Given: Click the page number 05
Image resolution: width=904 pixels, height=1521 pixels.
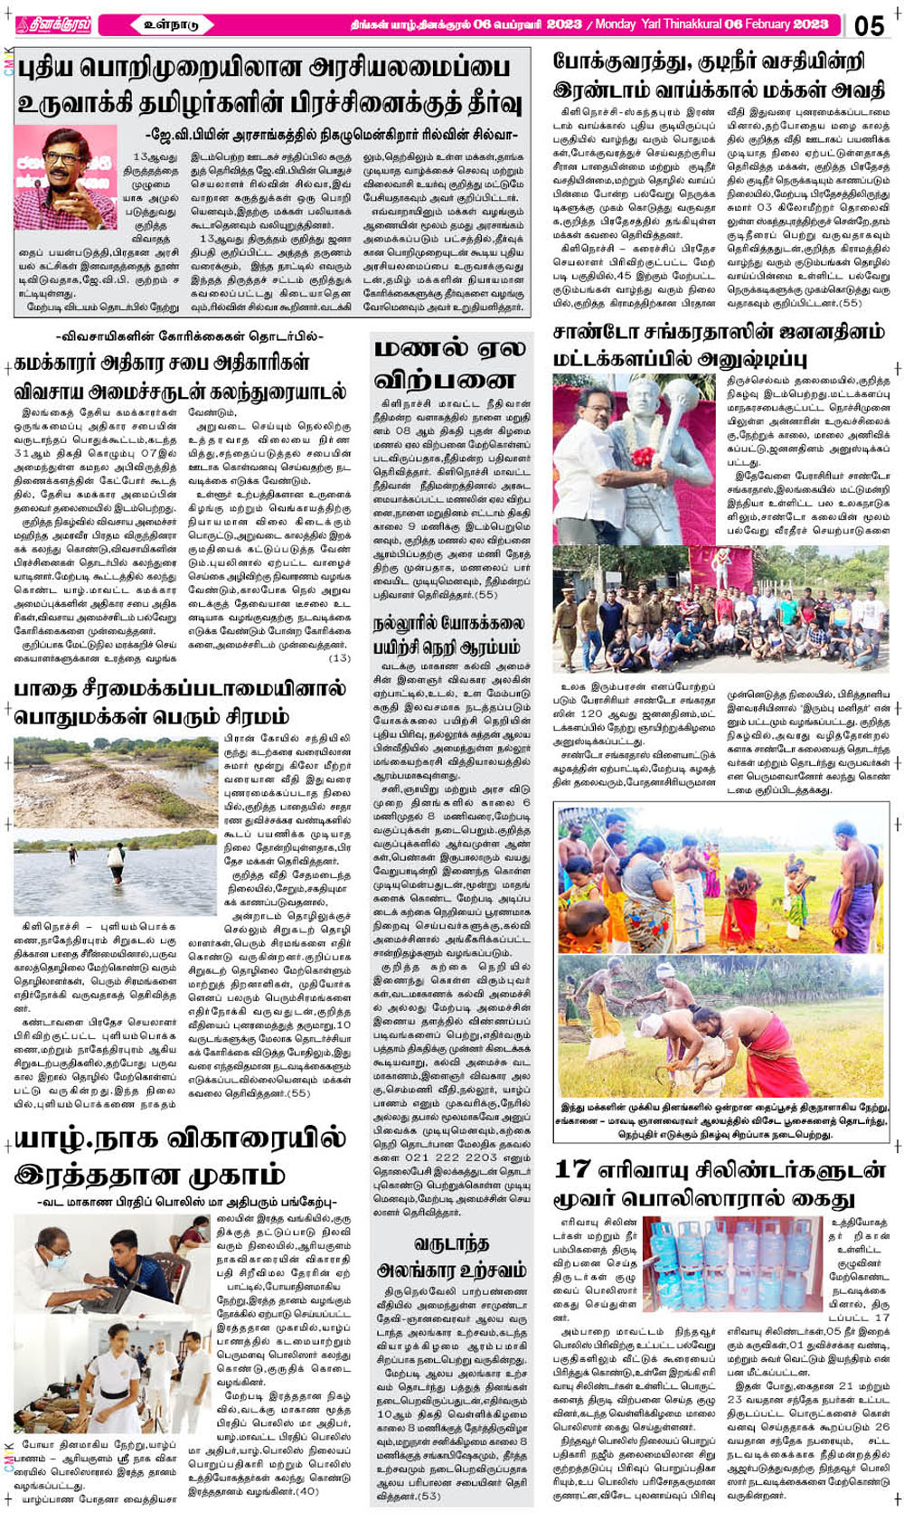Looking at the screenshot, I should point(869,25).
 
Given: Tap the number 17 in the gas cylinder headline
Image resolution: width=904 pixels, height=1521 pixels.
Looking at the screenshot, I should point(572,1169).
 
